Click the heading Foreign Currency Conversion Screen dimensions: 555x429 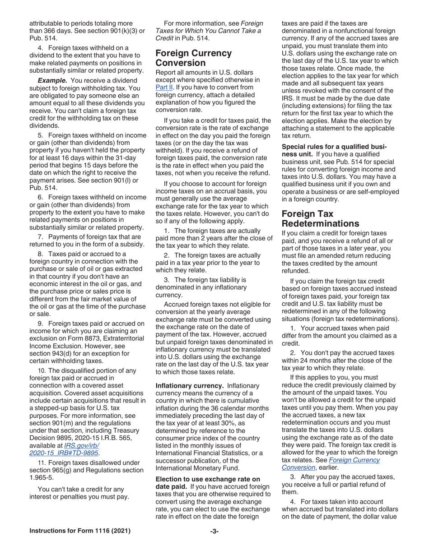(x=194, y=58)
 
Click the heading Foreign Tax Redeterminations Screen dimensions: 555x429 (x=321, y=218)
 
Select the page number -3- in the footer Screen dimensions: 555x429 (x=214, y=531)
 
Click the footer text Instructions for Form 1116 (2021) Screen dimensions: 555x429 (x=80, y=531)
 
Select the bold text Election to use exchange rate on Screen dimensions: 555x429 (x=208, y=479)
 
